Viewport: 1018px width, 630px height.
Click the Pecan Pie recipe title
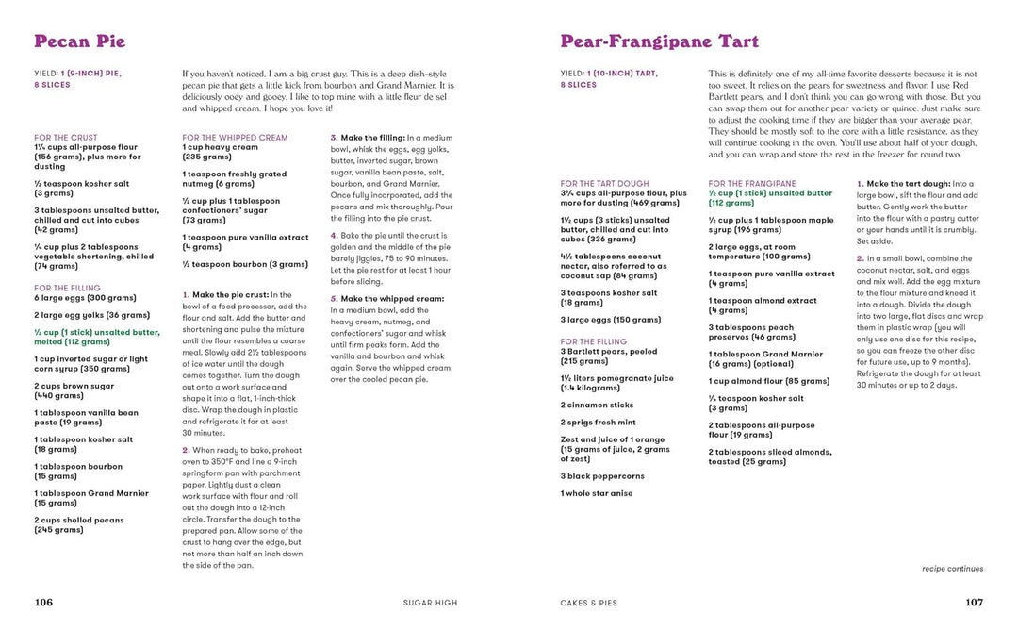click(x=79, y=41)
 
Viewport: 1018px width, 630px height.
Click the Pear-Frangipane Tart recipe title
click(x=659, y=41)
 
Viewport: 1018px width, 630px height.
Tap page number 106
click(x=43, y=603)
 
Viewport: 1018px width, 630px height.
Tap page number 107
click(x=974, y=603)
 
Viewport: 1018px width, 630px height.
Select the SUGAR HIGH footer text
click(x=430, y=603)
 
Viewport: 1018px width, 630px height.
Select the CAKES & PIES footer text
click(x=590, y=603)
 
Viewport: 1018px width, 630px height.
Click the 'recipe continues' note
click(x=952, y=569)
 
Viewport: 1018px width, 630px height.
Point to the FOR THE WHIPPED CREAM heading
click(x=235, y=138)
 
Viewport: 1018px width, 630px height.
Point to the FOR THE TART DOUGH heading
click(x=604, y=184)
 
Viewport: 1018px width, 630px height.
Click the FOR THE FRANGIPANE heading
click(x=751, y=184)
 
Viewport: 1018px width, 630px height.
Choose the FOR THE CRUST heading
click(x=65, y=138)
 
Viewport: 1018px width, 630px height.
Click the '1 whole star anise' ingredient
click(x=596, y=493)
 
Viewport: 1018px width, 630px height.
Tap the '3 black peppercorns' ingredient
click(x=602, y=476)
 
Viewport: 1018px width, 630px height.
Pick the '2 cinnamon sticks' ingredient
click(x=599, y=405)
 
